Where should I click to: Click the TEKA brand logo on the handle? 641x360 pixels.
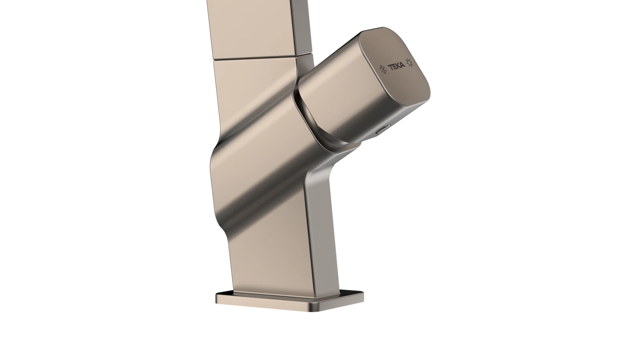pos(396,67)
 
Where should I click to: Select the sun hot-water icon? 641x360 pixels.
pos(410,62)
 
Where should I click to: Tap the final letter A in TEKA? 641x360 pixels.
pos(403,66)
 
